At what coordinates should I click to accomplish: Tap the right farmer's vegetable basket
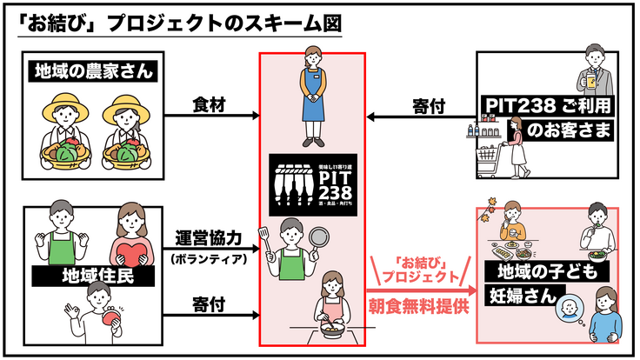127,152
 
